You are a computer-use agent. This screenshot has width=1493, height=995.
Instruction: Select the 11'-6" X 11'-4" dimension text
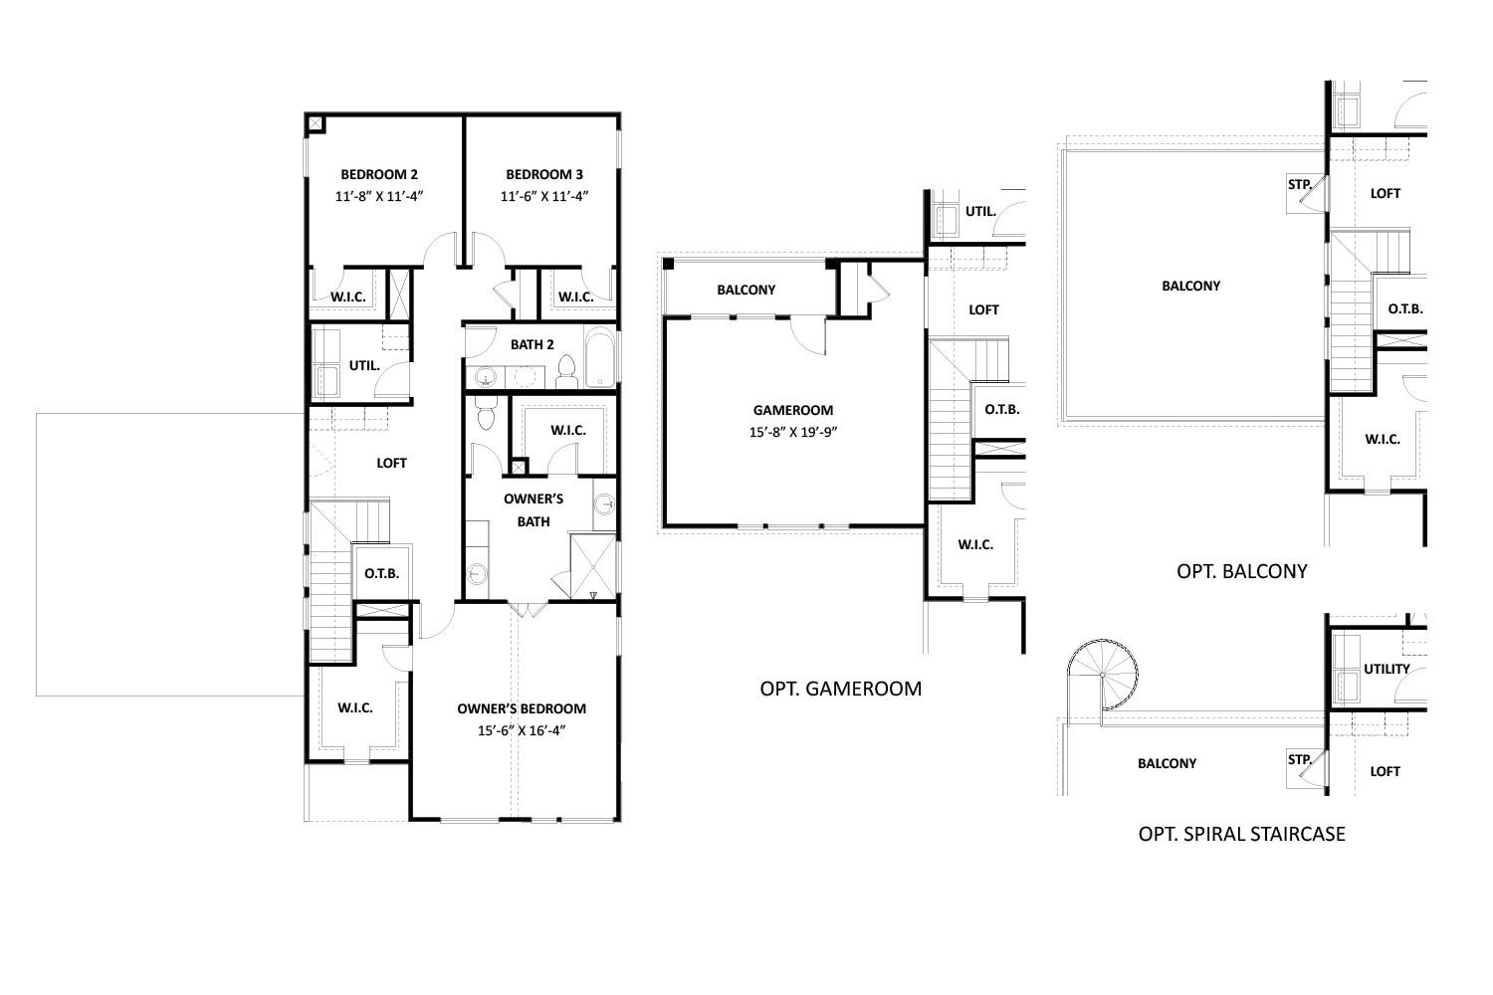click(x=543, y=197)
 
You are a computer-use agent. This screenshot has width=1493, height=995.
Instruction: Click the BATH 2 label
click(x=532, y=344)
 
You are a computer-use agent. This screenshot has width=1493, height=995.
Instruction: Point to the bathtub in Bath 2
click(x=601, y=358)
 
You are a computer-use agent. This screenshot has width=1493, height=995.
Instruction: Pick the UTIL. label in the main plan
click(x=364, y=365)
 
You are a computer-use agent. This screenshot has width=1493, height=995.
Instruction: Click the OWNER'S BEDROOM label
click(x=522, y=708)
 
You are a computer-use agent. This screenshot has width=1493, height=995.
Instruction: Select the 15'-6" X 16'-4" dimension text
click(x=522, y=731)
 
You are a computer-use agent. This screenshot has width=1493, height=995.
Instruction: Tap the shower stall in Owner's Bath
click(x=593, y=566)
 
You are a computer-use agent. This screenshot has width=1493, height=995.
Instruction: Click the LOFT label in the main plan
click(x=391, y=463)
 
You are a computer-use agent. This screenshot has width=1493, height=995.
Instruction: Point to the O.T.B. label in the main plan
click(x=381, y=573)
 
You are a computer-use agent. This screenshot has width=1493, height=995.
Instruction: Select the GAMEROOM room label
click(x=792, y=410)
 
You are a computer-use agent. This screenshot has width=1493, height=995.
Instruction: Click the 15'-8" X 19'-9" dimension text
click(x=792, y=433)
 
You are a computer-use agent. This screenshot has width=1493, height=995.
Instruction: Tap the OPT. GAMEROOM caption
click(x=840, y=688)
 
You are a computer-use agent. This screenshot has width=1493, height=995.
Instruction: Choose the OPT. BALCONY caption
click(x=1241, y=571)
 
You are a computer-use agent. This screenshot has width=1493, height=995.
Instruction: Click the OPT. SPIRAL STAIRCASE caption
click(x=1241, y=834)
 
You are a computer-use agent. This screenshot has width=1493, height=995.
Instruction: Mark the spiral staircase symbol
click(x=1103, y=676)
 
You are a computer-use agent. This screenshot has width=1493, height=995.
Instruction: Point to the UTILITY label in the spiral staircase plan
click(x=1386, y=669)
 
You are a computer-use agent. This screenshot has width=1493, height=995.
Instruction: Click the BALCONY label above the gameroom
click(x=746, y=290)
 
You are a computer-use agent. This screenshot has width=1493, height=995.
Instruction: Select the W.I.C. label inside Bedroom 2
click(x=348, y=297)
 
